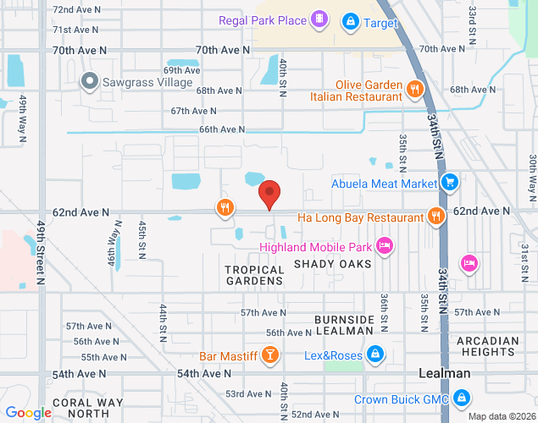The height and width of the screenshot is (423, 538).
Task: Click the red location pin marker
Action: pos(269,195)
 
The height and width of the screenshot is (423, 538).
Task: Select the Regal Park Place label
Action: pos(262,19)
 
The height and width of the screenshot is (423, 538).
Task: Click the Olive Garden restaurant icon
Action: pos(414,88)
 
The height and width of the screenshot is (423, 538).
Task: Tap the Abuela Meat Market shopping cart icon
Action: pos(450,182)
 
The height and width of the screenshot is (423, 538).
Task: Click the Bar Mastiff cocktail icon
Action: pos(269,355)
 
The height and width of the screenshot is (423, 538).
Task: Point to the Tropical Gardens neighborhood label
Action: pos(254,275)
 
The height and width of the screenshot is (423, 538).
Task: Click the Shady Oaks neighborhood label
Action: pos(333,264)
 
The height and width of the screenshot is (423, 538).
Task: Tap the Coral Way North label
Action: pos(81,408)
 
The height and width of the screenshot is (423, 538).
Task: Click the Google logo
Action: pos(28,413)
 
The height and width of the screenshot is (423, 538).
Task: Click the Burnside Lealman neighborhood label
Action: pos(344,325)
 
